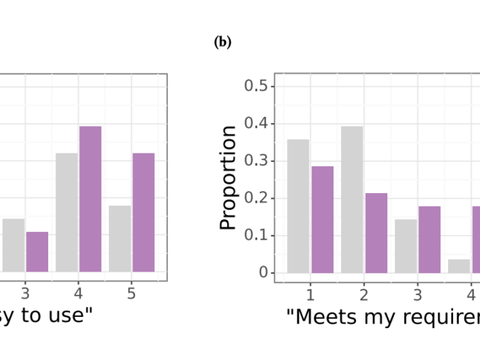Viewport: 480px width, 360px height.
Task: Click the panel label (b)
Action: (x=222, y=42)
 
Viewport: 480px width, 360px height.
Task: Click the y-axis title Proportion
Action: (x=228, y=178)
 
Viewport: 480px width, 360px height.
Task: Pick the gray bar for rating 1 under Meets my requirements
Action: (x=298, y=206)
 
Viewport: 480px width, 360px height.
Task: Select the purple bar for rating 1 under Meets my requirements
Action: (x=322, y=219)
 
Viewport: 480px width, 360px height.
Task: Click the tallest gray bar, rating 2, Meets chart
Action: (x=352, y=199)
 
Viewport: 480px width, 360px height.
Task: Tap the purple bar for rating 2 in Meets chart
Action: (x=376, y=233)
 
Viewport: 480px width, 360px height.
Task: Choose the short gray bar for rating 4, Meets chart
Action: (x=459, y=266)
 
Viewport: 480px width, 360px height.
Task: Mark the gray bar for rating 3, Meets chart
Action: (x=406, y=245)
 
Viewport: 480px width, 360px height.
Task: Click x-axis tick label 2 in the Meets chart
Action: (x=363, y=293)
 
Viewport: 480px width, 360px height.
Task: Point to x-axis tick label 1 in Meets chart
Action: (x=309, y=293)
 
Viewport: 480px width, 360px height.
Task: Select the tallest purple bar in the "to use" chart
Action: (x=90, y=199)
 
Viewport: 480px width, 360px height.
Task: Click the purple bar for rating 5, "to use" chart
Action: (x=144, y=212)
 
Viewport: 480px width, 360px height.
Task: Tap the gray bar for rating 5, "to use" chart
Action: (x=120, y=238)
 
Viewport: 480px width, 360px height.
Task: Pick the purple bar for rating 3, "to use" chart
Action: (x=37, y=252)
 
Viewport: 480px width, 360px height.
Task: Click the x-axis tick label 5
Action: (x=132, y=293)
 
